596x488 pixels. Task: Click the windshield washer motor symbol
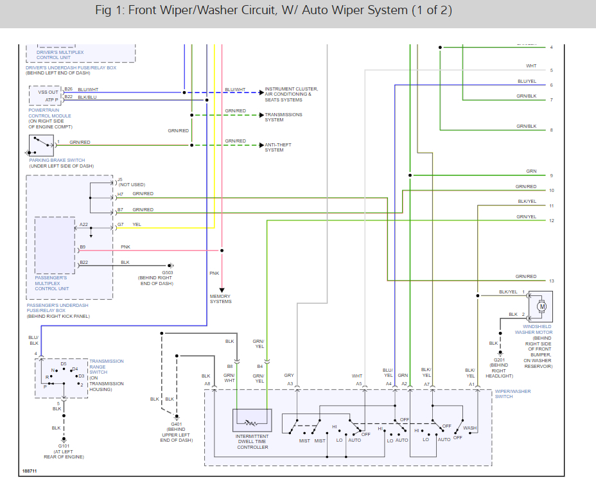pos(541,306)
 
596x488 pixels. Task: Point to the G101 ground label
pos(64,445)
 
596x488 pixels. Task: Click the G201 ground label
pos(500,360)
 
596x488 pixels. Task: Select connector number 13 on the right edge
pos(551,281)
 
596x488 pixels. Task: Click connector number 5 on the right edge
pos(551,70)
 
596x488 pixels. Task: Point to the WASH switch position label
pos(470,428)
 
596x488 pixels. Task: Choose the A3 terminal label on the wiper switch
pos(290,384)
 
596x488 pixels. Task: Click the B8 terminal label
pos(229,367)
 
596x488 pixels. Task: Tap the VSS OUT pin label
pos(48,92)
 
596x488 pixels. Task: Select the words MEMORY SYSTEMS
pos(220,299)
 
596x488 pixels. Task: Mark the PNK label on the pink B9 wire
pos(125,247)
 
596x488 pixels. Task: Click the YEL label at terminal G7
pos(137,224)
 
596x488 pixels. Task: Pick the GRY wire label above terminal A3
pos(289,376)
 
